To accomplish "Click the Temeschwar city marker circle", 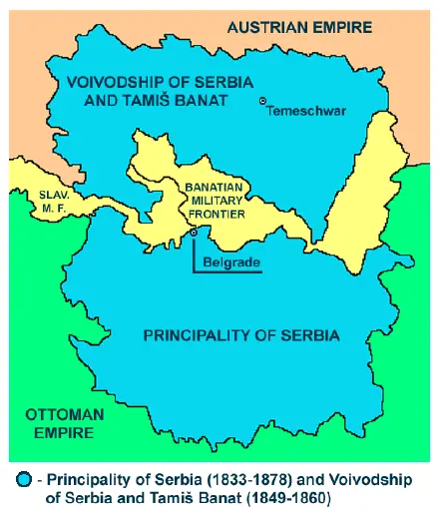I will click(x=262, y=101).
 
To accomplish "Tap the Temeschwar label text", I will click(x=307, y=111).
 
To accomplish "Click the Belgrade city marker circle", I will click(x=195, y=233).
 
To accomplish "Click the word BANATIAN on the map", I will click(x=214, y=187).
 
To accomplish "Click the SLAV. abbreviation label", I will click(x=51, y=195).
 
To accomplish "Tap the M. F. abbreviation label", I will click(x=50, y=208).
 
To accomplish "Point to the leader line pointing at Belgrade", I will click(x=196, y=255).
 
